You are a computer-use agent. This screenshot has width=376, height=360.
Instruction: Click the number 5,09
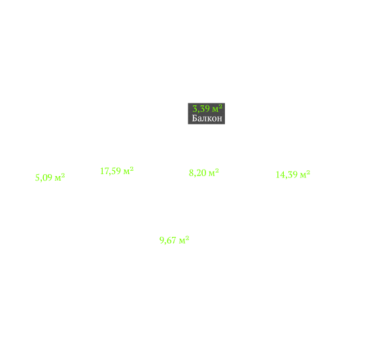(x=44, y=178)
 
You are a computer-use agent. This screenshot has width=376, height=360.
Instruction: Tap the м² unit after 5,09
(x=60, y=177)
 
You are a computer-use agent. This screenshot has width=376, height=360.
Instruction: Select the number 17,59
(x=111, y=171)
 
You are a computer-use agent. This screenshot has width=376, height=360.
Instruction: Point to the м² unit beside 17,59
(x=128, y=171)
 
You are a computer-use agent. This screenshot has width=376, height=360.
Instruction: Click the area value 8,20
(x=197, y=173)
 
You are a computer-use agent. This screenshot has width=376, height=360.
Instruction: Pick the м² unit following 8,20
(x=214, y=172)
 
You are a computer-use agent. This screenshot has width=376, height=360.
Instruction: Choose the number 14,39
(x=286, y=175)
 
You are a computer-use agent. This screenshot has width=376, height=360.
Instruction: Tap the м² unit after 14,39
(x=305, y=174)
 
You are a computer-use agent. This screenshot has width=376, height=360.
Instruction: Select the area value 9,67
(x=168, y=240)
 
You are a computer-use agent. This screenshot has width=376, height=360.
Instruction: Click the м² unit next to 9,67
(x=184, y=240)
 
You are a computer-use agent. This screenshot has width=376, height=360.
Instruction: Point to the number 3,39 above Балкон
(x=201, y=109)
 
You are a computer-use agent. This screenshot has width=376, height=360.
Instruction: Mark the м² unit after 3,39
(x=217, y=109)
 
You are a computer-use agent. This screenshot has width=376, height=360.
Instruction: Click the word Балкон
(x=207, y=118)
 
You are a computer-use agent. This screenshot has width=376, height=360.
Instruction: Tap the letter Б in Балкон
(x=194, y=118)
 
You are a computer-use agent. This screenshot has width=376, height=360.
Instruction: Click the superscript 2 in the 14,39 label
(x=309, y=172)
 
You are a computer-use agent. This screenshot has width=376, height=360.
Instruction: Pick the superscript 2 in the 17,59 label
(x=131, y=169)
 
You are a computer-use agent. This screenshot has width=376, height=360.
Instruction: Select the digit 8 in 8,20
(x=191, y=173)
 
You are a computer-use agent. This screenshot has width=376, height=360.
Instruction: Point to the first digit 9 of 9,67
(x=162, y=240)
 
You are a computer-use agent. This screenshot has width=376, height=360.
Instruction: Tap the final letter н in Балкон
(x=220, y=119)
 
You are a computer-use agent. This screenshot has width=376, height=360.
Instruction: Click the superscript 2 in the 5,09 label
(x=63, y=175)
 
